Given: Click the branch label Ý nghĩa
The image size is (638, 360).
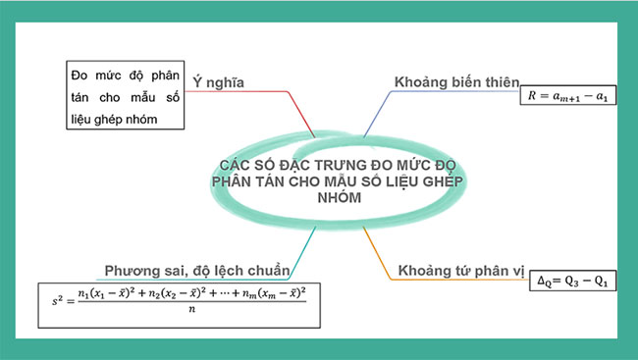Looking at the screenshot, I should pyautogui.click(x=217, y=82).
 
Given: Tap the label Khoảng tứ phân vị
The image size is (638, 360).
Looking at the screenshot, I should pyautogui.click(x=460, y=270).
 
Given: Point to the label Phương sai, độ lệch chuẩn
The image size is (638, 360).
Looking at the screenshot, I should pyautogui.click(x=197, y=270).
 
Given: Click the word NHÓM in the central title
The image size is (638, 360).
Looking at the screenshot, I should pyautogui.click(x=338, y=197).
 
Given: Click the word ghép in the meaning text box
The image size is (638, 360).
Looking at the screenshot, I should pyautogui.click(x=121, y=119).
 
